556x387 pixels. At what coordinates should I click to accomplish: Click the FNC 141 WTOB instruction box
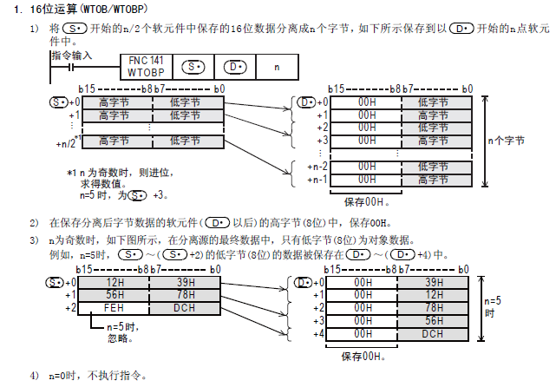145,66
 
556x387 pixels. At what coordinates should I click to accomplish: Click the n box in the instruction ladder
276,66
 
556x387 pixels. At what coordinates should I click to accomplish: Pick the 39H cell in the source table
183,282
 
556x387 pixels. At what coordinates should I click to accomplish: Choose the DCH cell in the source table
183,308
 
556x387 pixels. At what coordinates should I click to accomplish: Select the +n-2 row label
317,167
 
